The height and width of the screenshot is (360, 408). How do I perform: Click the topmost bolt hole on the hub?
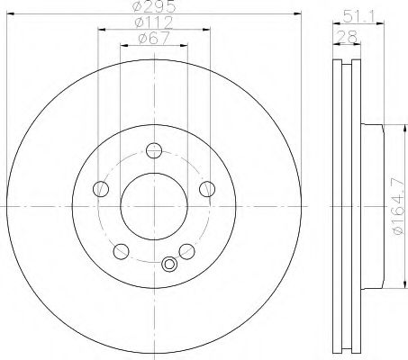[154, 151]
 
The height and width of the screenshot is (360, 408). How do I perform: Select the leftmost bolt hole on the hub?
[102, 189]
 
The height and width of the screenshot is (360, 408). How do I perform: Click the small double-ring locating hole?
[168, 264]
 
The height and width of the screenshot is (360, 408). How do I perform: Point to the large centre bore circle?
[154, 206]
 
